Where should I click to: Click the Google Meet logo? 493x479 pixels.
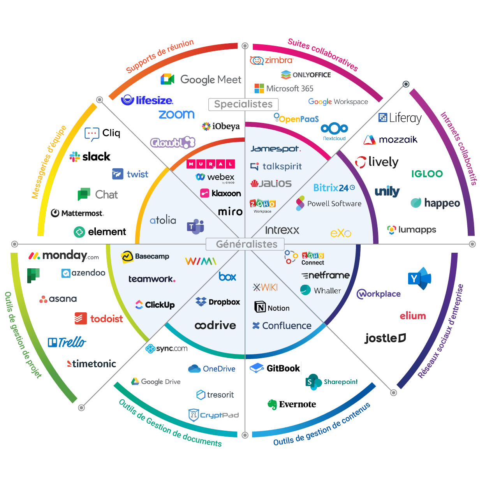pos(201,79)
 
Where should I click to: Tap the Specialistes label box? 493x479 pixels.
pos(243,104)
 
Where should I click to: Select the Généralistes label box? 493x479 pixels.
pos(246,244)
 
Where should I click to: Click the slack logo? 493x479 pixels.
pos(90,157)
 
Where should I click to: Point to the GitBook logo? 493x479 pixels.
pos(275,368)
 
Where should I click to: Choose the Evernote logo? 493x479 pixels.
pos(292,404)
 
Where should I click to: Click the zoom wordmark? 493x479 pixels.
pos(176,114)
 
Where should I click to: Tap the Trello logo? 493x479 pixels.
pos(67,342)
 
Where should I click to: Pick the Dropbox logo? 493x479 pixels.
pos(218,302)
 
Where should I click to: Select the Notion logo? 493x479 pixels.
pos(272,308)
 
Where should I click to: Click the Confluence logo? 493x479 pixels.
pos(282,326)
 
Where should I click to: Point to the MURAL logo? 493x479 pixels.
pos(211,164)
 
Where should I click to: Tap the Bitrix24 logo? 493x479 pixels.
pos(334,188)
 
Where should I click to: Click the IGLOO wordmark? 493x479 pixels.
pos(427,174)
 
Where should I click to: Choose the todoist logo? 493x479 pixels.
pos(99,319)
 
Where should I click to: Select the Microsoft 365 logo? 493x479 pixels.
pos(283,88)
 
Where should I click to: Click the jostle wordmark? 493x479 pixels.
pos(385,338)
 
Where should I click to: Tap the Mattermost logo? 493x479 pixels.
pos(77,213)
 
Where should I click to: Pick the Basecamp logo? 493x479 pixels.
pos(145,257)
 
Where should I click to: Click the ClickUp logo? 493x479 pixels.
pos(155,305)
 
